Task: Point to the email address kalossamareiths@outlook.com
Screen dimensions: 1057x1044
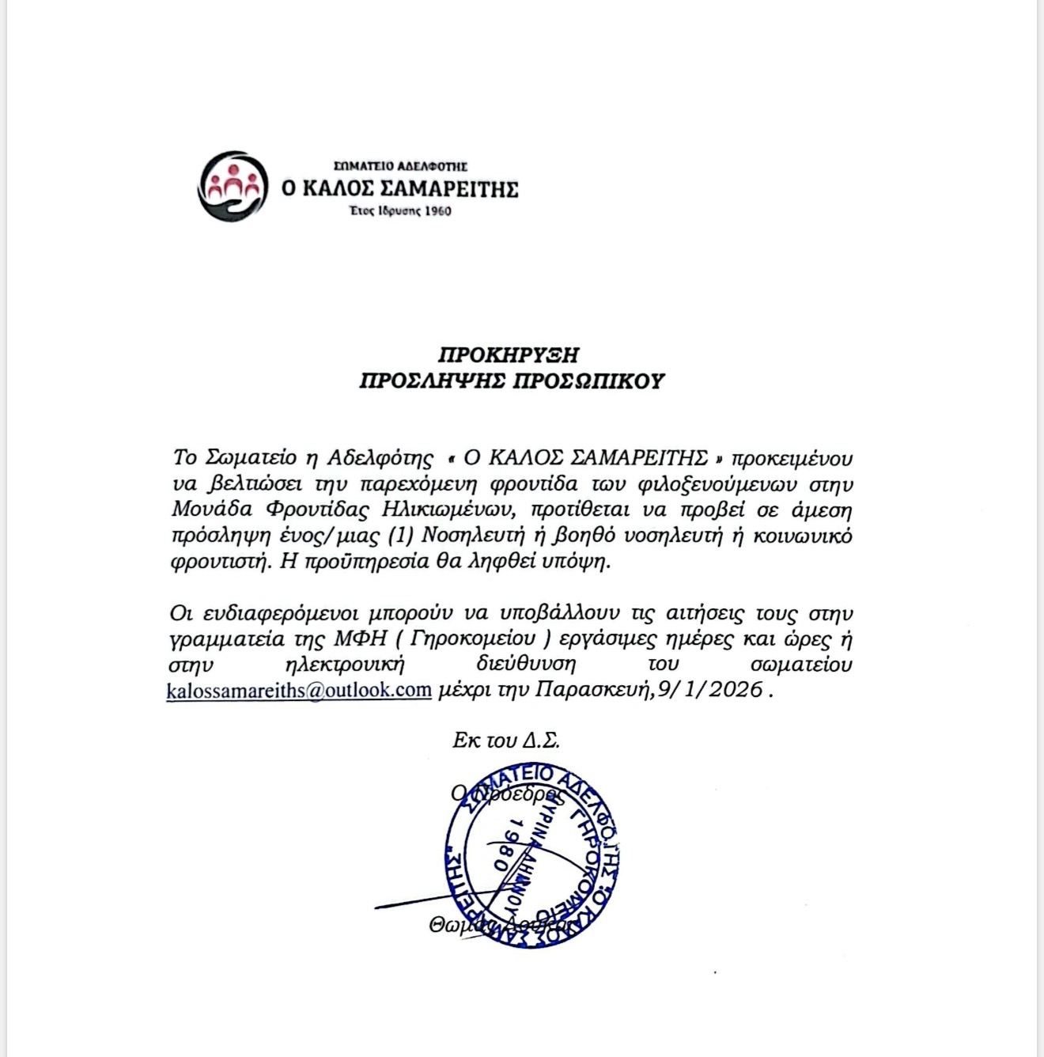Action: point(299,689)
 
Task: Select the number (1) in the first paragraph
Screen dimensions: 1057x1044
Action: point(404,536)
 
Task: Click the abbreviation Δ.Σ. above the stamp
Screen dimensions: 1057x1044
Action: point(541,741)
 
